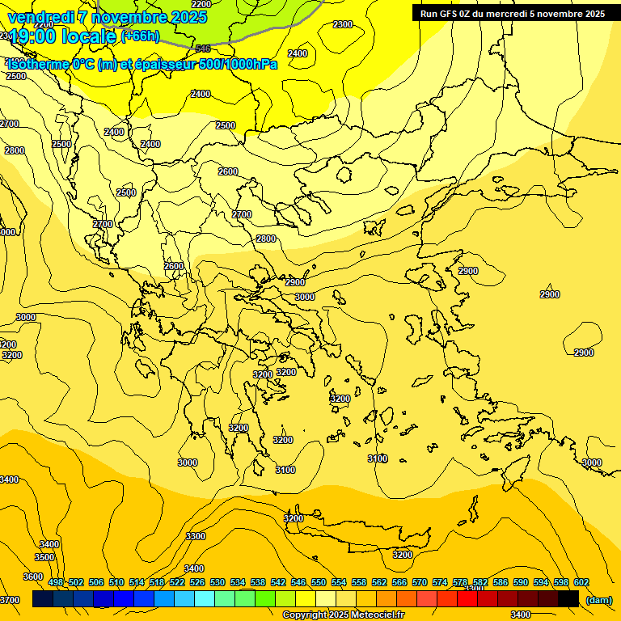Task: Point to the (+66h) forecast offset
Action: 140,36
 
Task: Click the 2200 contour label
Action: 201,4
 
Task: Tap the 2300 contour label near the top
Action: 343,24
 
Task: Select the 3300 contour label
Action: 196,536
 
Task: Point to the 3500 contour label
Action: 44,557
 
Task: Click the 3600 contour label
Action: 33,577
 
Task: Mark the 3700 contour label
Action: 10,599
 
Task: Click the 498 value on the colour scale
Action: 56,582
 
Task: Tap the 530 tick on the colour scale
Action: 218,582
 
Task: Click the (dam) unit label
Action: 599,599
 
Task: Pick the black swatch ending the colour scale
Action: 568,598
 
